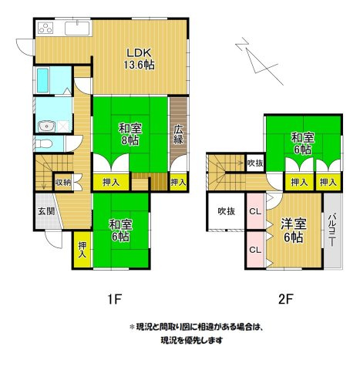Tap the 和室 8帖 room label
[129, 135]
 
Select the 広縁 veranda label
[178, 135]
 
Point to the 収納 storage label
[63, 183]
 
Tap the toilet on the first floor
[45, 144]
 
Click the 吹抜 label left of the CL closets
[225, 211]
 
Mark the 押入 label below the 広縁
[178, 183]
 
